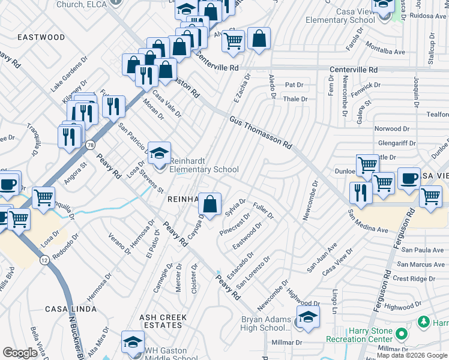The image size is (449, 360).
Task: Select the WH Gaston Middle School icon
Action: [x=133, y=343]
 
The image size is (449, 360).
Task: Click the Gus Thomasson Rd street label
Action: [x=260, y=133]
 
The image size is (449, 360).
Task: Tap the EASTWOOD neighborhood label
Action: [x=41, y=37]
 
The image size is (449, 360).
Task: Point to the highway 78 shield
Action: [x=90, y=145]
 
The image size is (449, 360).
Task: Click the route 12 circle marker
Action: [x=46, y=259]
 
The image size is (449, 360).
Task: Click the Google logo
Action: [x=20, y=353]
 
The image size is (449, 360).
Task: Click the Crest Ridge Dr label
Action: [x=414, y=278]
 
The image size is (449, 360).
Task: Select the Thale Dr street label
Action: [x=295, y=99]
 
